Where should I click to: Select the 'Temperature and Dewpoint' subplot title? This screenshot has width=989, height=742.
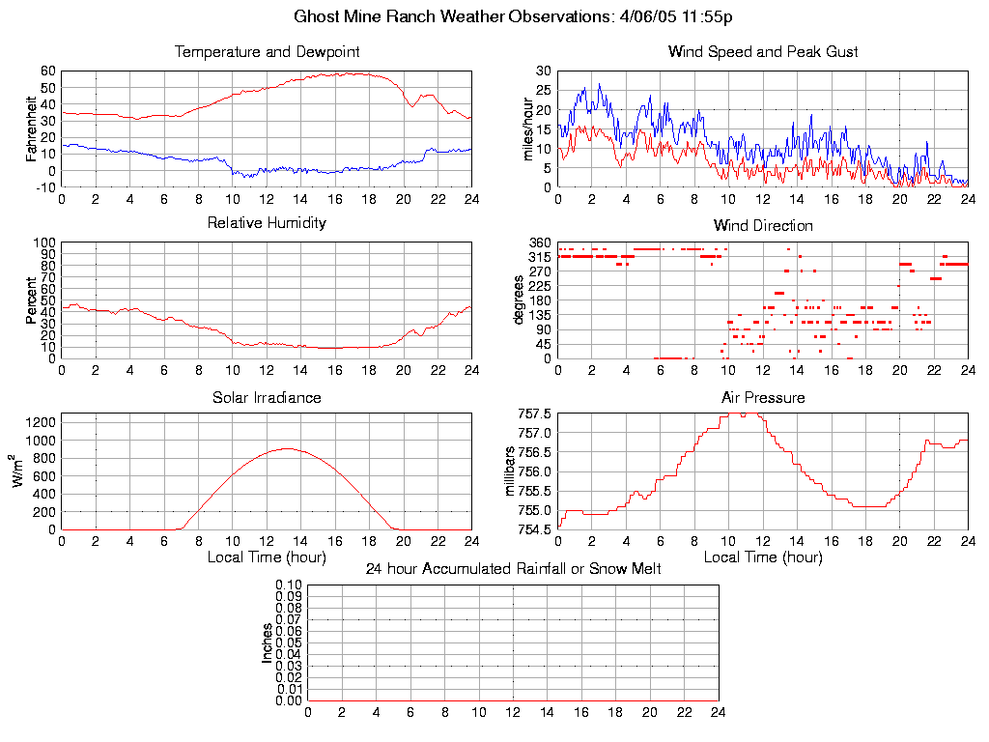(x=267, y=51)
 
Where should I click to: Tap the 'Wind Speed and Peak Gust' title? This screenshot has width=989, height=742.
(x=763, y=51)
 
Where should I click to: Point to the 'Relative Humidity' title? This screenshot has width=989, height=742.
(x=267, y=223)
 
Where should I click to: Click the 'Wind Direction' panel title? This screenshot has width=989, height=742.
(x=763, y=225)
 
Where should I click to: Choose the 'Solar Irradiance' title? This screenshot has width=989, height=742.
(x=267, y=397)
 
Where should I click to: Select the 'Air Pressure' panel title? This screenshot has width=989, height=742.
(x=763, y=397)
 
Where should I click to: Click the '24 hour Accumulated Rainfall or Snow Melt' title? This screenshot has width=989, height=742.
(x=513, y=569)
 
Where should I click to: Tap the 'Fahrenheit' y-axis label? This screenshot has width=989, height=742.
(x=32, y=128)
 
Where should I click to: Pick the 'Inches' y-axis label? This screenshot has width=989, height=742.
(x=267, y=642)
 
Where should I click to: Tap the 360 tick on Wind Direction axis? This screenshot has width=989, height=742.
(x=540, y=243)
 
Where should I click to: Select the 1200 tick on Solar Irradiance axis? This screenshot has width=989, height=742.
(x=41, y=422)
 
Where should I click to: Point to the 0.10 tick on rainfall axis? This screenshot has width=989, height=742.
(x=289, y=585)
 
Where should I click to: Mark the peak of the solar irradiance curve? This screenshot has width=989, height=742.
(x=287, y=448)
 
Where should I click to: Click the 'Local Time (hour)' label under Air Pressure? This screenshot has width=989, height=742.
(x=763, y=557)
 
